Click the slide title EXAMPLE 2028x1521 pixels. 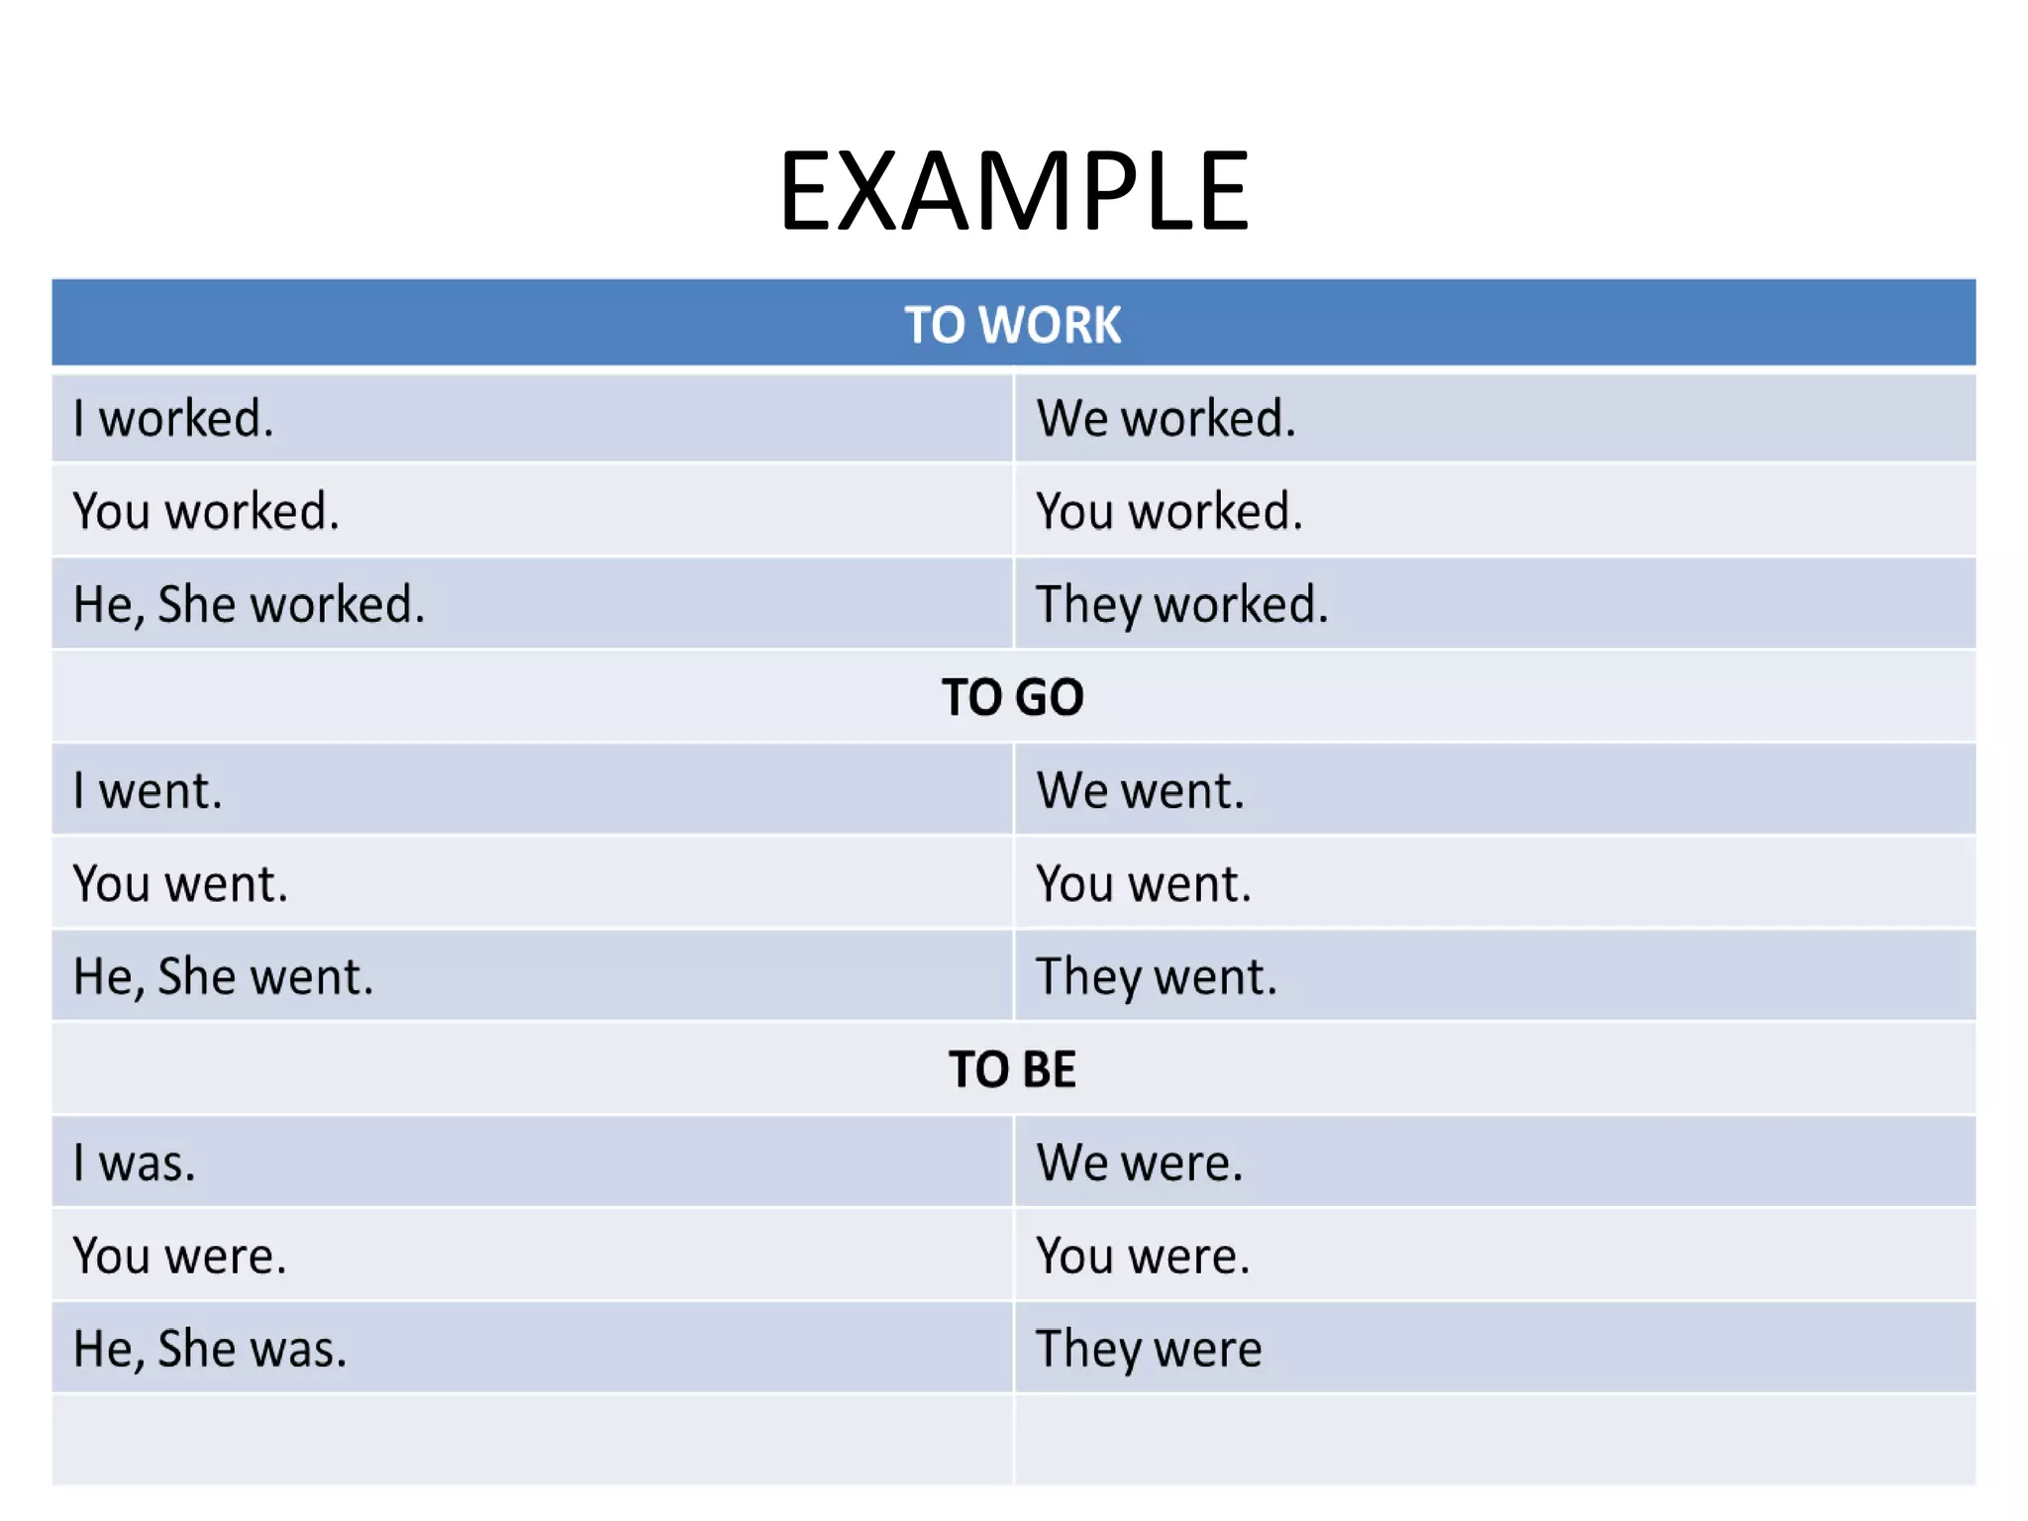pos(1014,190)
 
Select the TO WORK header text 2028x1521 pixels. pos(1012,325)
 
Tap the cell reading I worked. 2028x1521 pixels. pos(173,418)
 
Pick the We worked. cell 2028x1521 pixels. pos(1166,418)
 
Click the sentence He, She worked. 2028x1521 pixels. pos(249,604)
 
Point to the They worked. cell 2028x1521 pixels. pos(1181,604)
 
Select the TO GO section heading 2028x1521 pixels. pos(1012,697)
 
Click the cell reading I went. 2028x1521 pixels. pos(148,790)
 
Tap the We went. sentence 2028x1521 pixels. pos(1140,790)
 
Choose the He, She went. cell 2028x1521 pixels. pos(223,976)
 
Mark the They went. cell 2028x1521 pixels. pos(1157,976)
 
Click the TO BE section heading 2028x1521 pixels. pos(1012,1069)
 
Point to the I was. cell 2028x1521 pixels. pos(134,1163)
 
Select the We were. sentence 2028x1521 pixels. pos(1139,1163)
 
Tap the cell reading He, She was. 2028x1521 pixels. pos(210,1349)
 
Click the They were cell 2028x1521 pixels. pos(1149,1349)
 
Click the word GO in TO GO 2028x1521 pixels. pos(1050,697)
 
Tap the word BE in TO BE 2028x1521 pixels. pos(1049,1069)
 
